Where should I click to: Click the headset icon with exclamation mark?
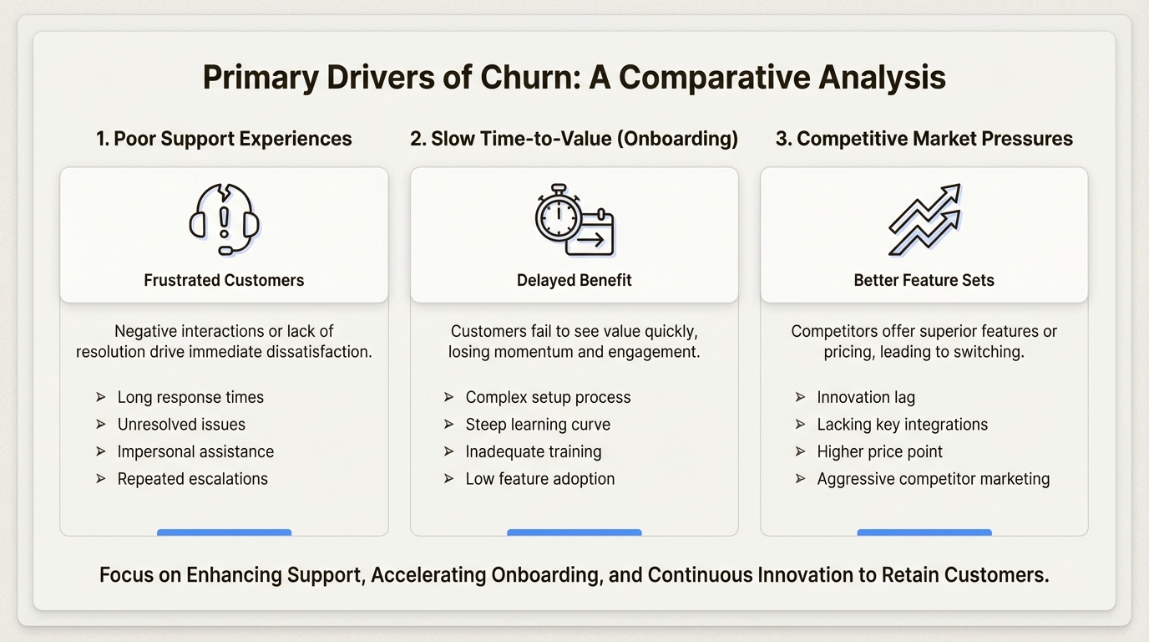coord(224,220)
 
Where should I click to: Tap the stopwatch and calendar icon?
coord(574,220)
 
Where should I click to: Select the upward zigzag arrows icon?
coord(924,220)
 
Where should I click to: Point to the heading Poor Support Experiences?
coord(224,139)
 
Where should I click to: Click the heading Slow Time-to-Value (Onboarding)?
coord(574,139)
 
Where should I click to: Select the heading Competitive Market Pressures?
coord(924,139)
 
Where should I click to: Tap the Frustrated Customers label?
coord(224,280)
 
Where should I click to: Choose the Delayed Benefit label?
coord(574,280)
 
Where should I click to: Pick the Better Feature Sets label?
coord(924,280)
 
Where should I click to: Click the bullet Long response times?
coord(190,397)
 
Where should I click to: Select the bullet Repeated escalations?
coord(192,479)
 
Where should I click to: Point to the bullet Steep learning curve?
coord(538,425)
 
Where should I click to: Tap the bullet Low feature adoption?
coord(539,479)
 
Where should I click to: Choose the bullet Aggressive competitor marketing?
coord(933,479)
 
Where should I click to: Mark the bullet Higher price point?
coord(879,452)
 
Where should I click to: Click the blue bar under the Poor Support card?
coord(224,532)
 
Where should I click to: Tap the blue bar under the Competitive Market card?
coord(924,532)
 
